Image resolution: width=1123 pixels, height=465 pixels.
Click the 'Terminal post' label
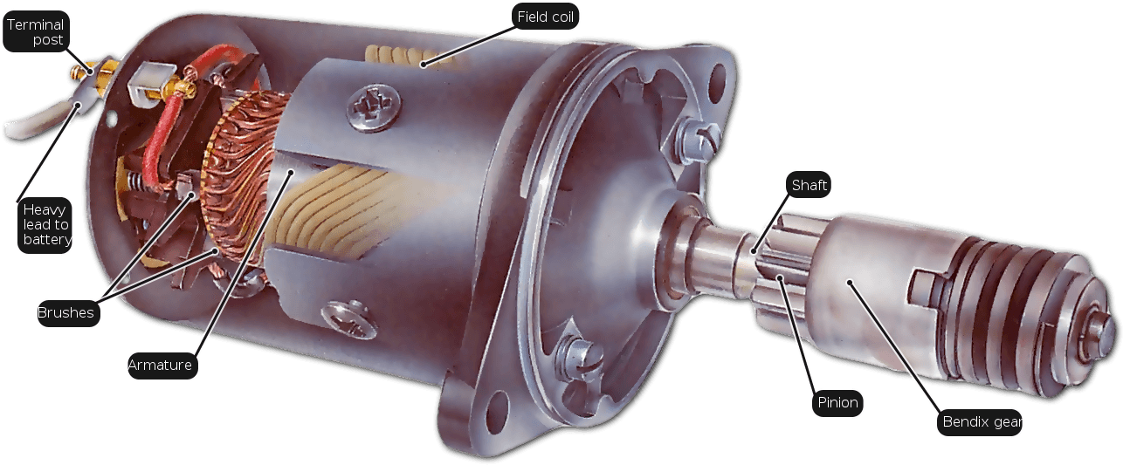tap(35, 32)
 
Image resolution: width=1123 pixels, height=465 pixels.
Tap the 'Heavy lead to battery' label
tap(46, 224)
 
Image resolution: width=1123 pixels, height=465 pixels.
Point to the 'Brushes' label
tap(65, 313)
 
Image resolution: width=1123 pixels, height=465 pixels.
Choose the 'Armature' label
tap(162, 365)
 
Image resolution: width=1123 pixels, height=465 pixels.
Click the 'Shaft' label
tap(809, 185)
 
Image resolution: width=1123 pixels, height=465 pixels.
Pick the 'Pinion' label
tap(837, 403)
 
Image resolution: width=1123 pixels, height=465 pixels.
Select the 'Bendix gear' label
tap(982, 423)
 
